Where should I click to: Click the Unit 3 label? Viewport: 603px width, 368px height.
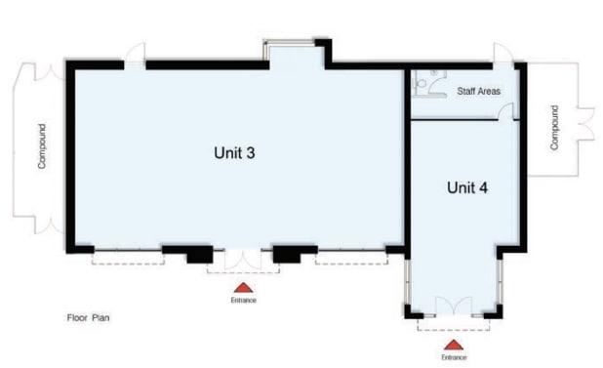click(x=234, y=152)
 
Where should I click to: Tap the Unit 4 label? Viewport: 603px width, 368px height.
click(x=467, y=187)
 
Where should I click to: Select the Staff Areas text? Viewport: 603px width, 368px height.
click(x=479, y=91)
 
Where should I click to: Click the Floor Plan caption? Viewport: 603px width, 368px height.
click(x=88, y=317)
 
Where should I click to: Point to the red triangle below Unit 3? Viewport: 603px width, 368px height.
click(x=243, y=288)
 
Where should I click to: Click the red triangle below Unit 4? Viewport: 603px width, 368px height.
click(x=454, y=345)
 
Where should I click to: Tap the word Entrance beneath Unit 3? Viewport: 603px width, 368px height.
click(x=243, y=300)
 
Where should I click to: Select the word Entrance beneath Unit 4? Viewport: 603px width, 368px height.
click(x=454, y=357)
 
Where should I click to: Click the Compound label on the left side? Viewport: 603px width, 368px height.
click(x=42, y=146)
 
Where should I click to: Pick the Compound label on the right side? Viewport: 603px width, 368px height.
click(x=554, y=128)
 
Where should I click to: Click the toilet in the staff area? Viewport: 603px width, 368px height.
click(x=422, y=83)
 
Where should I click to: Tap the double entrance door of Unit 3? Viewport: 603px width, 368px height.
click(x=243, y=260)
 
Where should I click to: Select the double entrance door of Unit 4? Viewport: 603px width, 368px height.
click(x=454, y=307)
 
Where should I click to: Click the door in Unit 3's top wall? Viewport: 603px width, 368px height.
click(x=136, y=56)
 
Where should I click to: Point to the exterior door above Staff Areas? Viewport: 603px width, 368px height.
click(x=503, y=55)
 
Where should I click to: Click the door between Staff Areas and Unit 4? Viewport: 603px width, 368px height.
click(x=506, y=112)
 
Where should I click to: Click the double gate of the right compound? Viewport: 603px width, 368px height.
click(x=585, y=123)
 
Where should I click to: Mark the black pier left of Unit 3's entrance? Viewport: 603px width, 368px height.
click(x=200, y=255)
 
